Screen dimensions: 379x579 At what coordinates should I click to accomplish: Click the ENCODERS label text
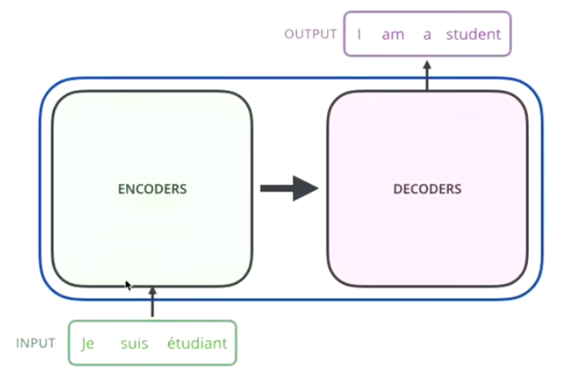[152, 189]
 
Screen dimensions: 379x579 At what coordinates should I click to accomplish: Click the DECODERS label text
[427, 189]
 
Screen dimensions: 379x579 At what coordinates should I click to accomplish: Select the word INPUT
[36, 342]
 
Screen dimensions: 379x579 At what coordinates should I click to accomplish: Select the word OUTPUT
[310, 34]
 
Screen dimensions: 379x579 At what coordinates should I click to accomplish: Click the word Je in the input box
[89, 343]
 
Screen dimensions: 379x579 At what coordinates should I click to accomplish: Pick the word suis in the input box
[133, 343]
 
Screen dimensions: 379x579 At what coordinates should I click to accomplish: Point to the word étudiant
[197, 343]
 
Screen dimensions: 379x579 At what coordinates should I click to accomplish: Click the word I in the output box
[359, 35]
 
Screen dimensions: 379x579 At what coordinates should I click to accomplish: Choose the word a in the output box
[427, 35]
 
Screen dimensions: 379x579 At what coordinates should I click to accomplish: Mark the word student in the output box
[472, 35]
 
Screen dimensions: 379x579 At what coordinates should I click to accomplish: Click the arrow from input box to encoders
[152, 303]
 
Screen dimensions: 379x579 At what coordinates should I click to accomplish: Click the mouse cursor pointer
[128, 285]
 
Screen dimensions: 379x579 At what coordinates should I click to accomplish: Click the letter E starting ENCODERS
[121, 189]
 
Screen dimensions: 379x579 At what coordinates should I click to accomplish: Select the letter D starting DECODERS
[397, 189]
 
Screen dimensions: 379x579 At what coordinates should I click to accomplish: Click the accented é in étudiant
[171, 343]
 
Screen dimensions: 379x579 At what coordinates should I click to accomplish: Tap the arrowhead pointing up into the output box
[427, 62]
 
